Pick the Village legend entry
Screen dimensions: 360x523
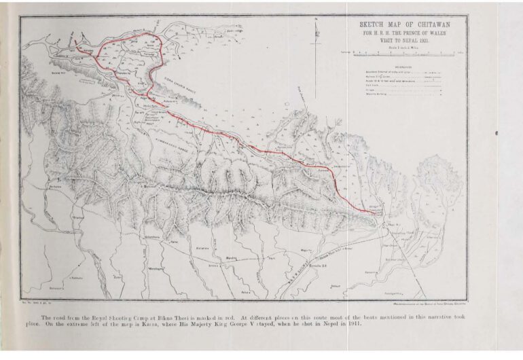[372, 90]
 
